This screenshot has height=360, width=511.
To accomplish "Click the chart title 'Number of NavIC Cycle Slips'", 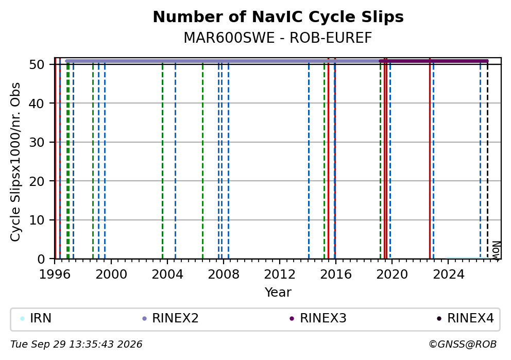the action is (278, 17).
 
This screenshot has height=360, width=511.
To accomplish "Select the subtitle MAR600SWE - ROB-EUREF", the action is (278, 38).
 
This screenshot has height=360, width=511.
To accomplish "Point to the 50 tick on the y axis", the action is (37, 64).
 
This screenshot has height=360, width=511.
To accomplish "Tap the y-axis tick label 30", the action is (37, 142).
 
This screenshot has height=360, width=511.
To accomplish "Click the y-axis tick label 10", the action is (37, 220).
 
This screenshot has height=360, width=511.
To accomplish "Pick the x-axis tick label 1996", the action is (55, 275).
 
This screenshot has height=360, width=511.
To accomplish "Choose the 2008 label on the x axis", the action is (223, 275).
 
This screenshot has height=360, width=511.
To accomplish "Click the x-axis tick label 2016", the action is (336, 275).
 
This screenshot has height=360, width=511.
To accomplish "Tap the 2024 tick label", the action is (448, 275).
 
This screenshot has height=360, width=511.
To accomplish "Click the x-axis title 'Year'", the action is (278, 292).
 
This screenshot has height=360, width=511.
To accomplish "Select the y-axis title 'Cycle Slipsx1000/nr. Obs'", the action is (15, 162).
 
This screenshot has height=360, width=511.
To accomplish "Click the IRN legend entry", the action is (36, 318).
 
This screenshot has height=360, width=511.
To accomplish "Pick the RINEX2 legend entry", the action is (171, 318).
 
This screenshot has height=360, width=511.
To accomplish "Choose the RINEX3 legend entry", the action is (318, 318).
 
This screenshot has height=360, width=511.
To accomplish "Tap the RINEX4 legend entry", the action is (466, 318).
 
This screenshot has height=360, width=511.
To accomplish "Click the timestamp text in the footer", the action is (77, 345).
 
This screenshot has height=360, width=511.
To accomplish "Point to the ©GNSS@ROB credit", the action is (463, 345).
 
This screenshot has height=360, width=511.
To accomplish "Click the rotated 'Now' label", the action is (496, 250).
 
